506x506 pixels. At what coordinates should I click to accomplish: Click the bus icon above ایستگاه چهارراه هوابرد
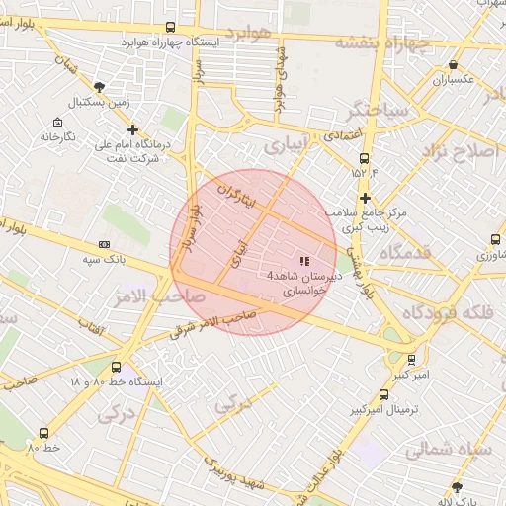point(171,28)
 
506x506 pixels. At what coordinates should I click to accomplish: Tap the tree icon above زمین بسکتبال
point(100,87)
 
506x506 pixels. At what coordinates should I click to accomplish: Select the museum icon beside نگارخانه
point(56,122)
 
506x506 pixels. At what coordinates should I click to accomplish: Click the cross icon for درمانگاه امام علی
point(133,129)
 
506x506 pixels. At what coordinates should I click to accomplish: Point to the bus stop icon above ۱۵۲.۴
point(365,158)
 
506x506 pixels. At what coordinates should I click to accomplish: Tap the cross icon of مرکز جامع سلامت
point(365,198)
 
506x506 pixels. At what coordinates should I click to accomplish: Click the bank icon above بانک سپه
point(104,245)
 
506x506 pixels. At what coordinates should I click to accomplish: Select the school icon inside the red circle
point(302,261)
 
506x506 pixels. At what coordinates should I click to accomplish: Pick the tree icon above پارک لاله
point(456,486)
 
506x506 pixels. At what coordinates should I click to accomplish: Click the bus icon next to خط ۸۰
point(42,433)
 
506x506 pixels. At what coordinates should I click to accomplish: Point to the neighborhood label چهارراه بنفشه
point(382,42)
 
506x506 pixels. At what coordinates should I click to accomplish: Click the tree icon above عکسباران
point(453,65)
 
